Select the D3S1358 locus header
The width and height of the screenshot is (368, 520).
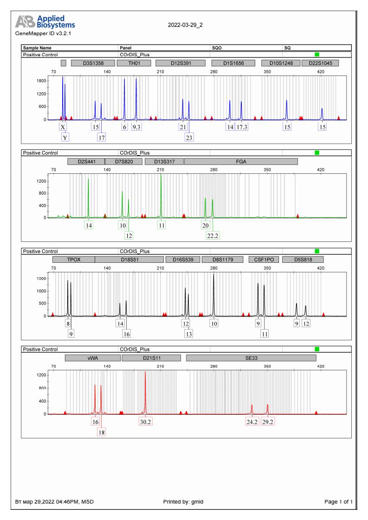click(93, 63)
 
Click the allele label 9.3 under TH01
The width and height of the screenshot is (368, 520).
click(136, 127)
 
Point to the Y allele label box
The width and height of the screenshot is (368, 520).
click(65, 137)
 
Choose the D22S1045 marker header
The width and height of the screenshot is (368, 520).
click(320, 63)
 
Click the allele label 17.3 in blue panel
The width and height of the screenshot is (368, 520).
click(242, 127)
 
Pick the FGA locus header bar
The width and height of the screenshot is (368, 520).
click(241, 162)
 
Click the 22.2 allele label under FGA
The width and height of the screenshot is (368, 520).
click(213, 235)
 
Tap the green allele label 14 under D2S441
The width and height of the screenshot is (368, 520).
click(88, 225)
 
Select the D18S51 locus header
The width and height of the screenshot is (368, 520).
click(129, 260)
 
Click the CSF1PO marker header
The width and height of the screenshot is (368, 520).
click(264, 260)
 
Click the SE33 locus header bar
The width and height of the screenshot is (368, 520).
click(251, 358)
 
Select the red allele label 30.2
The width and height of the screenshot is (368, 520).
click(145, 422)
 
